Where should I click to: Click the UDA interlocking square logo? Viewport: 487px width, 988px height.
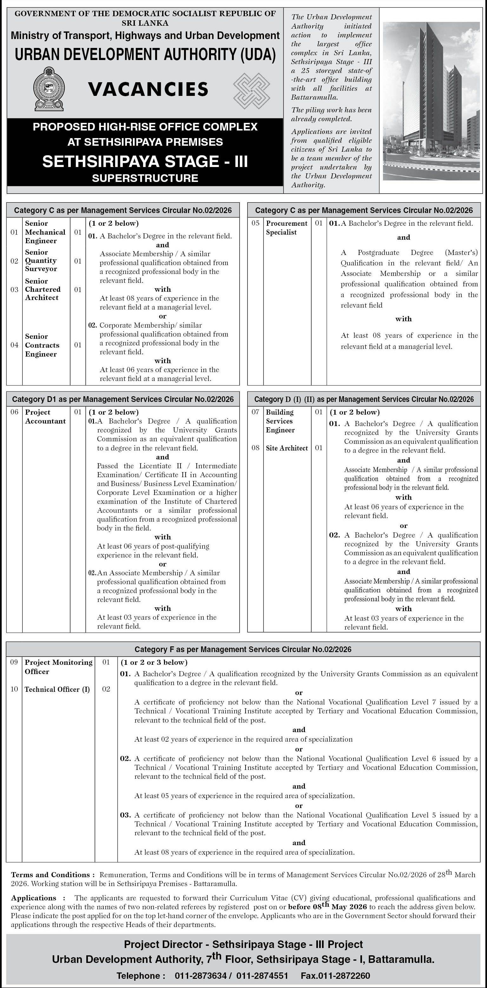[252, 90]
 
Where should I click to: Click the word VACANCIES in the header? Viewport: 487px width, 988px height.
[148, 89]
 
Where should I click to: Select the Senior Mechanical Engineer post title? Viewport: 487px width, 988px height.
[45, 232]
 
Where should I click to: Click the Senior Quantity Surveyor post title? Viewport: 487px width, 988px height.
[41, 260]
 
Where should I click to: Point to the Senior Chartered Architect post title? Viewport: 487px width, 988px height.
[43, 289]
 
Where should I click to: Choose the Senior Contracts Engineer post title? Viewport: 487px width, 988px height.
[42, 345]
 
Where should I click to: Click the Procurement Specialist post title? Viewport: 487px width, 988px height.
[286, 227]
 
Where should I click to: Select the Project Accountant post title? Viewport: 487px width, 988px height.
[45, 417]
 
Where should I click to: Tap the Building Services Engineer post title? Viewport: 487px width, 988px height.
[280, 421]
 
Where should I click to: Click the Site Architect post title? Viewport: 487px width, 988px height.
[286, 448]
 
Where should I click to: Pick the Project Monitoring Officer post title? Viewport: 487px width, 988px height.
[58, 667]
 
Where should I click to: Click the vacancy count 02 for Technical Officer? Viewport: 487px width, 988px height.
[106, 689]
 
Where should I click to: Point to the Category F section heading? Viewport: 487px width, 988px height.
[243, 649]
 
